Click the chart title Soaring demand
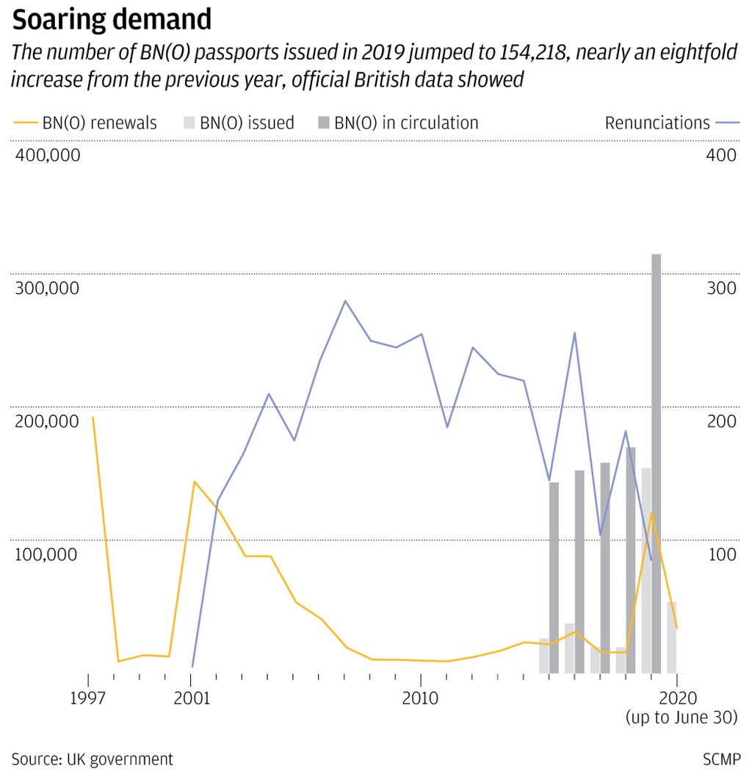[111, 20]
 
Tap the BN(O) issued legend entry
[239, 123]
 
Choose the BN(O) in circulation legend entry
[397, 123]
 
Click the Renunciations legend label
[657, 123]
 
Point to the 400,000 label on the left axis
[45, 156]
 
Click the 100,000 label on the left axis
[45, 554]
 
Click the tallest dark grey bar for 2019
[657, 463]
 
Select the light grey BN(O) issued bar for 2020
[671, 637]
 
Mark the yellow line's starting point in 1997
[93, 417]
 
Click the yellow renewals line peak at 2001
[194, 482]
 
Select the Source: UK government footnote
[92, 759]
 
